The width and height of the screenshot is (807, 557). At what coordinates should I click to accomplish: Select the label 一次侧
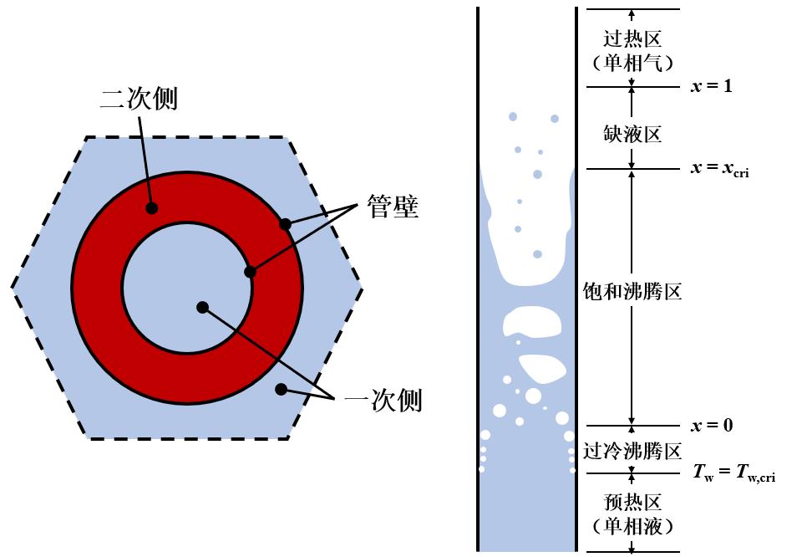[x=383, y=401]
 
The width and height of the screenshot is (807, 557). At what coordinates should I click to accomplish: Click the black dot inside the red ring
[x=151, y=208]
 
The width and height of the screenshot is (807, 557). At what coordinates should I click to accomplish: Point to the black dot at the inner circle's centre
[x=202, y=307]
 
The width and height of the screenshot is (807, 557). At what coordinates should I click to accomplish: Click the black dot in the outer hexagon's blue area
[x=281, y=389]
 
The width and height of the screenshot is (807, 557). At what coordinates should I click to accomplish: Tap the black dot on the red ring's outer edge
[x=285, y=224]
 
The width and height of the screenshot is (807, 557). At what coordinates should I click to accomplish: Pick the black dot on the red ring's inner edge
[x=248, y=272]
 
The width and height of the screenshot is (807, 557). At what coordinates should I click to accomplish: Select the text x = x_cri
[x=719, y=169]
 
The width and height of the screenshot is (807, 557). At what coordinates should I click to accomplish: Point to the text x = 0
[x=712, y=426]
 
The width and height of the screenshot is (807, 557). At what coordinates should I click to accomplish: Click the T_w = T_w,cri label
[x=734, y=473]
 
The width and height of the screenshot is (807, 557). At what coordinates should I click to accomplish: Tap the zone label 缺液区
[x=632, y=134]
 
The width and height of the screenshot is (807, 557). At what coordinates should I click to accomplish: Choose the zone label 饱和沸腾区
[x=632, y=292]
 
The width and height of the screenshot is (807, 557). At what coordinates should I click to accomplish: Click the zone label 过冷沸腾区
[x=632, y=452]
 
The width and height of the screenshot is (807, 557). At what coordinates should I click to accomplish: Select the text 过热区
[x=632, y=38]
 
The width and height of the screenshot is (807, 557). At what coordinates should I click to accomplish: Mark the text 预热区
[x=632, y=503]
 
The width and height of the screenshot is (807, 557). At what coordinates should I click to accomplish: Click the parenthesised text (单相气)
[x=632, y=63]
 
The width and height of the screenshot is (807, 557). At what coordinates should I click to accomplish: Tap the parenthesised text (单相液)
[x=632, y=527]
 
